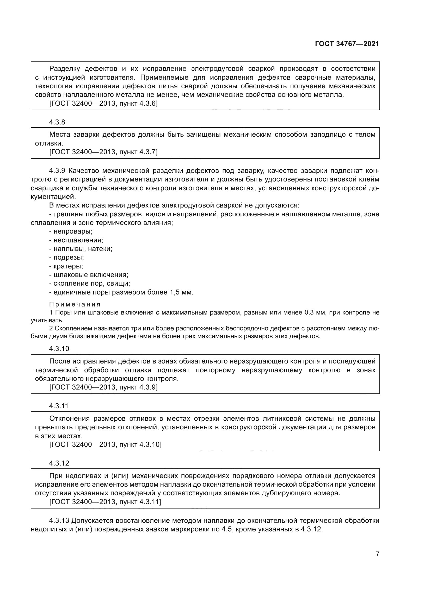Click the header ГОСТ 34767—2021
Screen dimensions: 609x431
347,44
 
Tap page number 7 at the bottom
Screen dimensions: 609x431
377,554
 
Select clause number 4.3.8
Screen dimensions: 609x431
57,122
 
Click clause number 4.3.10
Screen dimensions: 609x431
59,349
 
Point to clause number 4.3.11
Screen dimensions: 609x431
59,406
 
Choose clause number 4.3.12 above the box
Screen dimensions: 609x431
59,463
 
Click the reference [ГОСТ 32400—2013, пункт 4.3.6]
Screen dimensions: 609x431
103,103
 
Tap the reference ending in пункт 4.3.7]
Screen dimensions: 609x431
103,152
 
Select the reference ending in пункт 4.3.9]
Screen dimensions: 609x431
103,387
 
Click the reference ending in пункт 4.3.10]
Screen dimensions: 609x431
105,444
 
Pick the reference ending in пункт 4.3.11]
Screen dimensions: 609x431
105,502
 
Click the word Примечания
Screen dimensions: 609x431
75,304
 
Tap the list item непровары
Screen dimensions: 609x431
73,231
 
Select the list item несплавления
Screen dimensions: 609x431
78,240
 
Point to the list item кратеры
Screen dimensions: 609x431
68,266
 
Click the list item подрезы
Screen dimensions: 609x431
69,258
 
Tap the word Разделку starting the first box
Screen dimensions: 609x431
65,69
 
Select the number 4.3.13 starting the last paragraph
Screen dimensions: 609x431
59,521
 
